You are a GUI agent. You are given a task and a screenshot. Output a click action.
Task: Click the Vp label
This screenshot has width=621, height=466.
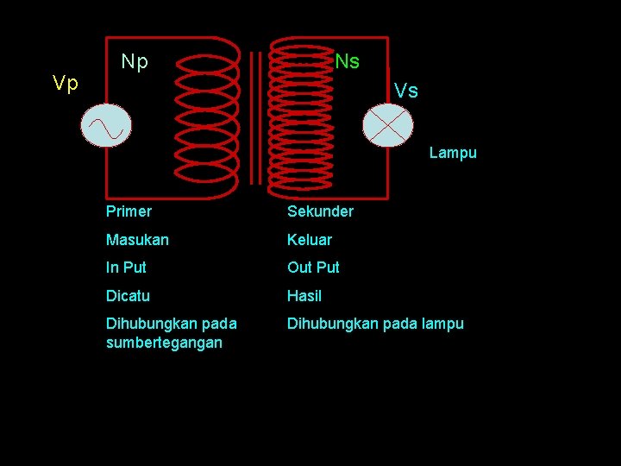66,83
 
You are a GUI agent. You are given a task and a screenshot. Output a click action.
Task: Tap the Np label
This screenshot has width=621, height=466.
135,61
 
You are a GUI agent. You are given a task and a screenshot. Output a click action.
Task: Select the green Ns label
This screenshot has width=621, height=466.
348,61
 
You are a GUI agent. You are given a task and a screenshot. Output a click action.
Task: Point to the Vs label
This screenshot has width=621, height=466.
406,90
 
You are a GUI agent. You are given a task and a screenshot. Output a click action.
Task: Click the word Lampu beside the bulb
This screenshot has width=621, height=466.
453,153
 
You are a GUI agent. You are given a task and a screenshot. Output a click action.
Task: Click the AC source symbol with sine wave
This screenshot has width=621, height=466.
105,127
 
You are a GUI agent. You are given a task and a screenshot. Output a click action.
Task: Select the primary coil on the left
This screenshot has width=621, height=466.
205,112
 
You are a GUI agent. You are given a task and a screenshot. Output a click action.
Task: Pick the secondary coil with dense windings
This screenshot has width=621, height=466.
299,112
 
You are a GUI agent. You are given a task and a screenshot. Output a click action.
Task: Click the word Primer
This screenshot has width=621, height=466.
129,211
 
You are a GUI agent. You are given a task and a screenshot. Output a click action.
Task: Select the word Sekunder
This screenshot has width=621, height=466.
320,211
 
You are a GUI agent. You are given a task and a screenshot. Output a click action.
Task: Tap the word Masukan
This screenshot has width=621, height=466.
137,239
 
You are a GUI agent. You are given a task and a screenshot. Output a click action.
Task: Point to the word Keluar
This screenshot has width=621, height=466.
310,239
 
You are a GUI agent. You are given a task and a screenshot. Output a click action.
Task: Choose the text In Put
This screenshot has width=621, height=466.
126,268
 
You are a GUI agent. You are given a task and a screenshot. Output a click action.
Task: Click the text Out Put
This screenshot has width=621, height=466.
313,268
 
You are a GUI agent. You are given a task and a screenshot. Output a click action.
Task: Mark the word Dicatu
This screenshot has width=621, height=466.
128,296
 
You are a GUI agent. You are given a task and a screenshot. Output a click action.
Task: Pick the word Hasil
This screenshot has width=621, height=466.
304,296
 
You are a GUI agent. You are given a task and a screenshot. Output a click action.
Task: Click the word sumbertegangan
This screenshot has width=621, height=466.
164,343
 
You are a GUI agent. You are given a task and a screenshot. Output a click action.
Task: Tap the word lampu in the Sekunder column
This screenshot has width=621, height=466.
443,324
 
